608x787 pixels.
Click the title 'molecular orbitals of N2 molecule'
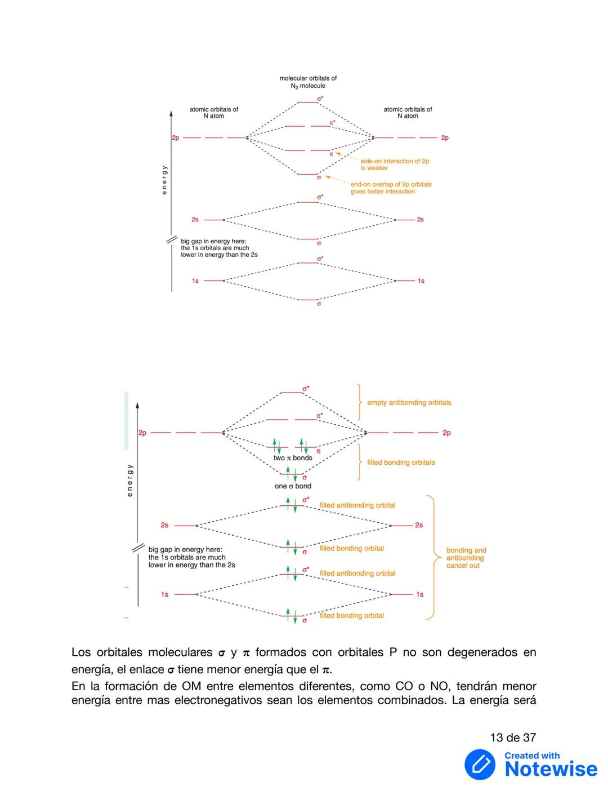click(x=308, y=82)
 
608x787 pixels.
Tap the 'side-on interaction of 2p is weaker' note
click(x=394, y=164)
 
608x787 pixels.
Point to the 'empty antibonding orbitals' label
click(x=409, y=403)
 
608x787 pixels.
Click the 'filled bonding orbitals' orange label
click(x=401, y=463)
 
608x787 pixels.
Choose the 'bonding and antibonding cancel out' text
click(x=466, y=558)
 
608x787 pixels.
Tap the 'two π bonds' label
click(x=293, y=458)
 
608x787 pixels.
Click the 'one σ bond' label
click(x=293, y=486)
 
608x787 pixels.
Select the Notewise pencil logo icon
click(x=480, y=764)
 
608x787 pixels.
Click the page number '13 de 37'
click(x=513, y=737)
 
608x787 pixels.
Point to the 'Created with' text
click(x=532, y=755)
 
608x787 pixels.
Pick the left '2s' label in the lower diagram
click(x=164, y=525)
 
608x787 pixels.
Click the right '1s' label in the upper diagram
click(x=421, y=281)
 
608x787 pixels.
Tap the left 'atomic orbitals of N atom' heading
click(x=214, y=113)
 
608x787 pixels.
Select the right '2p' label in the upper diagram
click(x=445, y=138)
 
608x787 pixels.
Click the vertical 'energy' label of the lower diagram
click(x=130, y=480)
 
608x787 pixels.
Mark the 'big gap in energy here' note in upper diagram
click(x=219, y=248)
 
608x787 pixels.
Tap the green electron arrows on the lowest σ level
click(x=291, y=615)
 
